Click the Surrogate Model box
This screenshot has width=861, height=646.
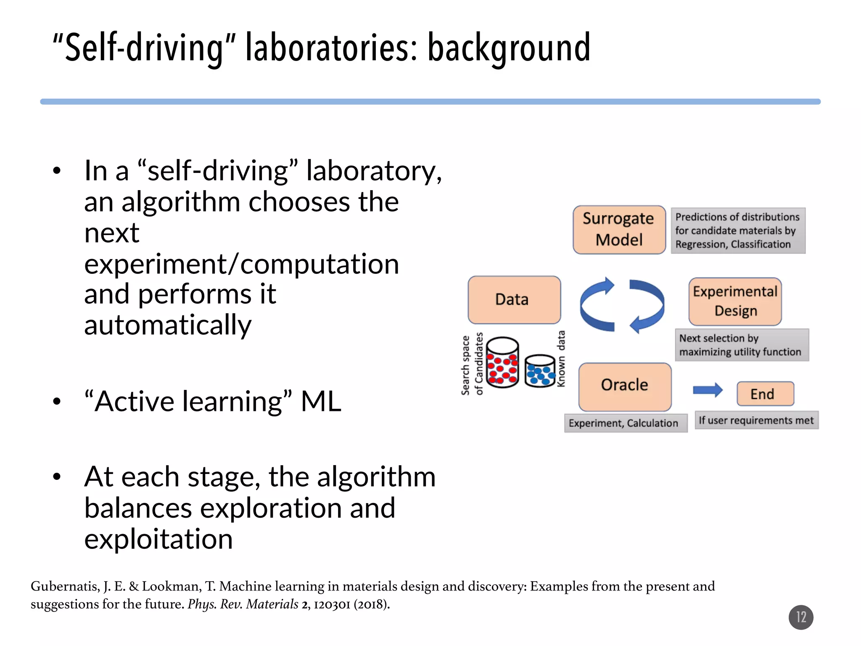click(619, 230)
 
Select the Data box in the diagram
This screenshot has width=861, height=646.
click(514, 299)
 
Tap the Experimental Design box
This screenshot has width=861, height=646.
click(735, 301)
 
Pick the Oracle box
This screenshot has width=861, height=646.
click(625, 387)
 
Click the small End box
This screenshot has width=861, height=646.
click(765, 394)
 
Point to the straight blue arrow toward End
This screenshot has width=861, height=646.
click(708, 390)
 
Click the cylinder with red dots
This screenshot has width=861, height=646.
click(502, 363)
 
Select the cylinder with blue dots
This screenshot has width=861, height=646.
click(540, 371)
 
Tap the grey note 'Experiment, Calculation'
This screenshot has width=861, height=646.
click(625, 423)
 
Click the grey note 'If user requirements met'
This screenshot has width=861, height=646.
click(756, 420)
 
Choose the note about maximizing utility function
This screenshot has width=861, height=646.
click(741, 345)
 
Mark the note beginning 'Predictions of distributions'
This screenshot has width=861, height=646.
click(738, 230)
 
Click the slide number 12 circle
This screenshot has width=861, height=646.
click(800, 617)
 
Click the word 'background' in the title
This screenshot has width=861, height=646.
click(509, 48)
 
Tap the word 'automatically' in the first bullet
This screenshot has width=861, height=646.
click(167, 325)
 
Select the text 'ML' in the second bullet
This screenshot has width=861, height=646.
click(321, 401)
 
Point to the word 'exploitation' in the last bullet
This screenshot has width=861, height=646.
click(158, 539)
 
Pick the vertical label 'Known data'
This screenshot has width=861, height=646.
click(561, 358)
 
